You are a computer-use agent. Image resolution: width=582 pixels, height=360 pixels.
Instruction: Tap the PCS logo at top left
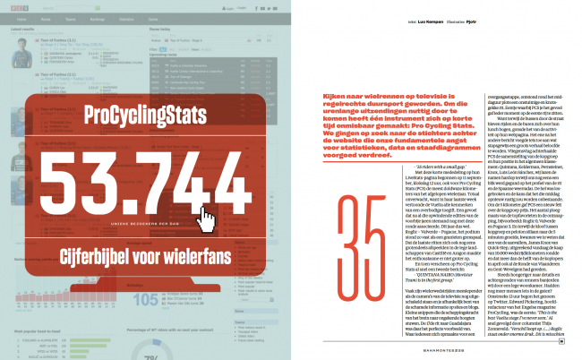17,7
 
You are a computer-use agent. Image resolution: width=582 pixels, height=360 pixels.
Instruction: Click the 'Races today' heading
161,28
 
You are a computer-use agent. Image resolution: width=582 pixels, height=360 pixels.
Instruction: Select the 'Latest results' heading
21,28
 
